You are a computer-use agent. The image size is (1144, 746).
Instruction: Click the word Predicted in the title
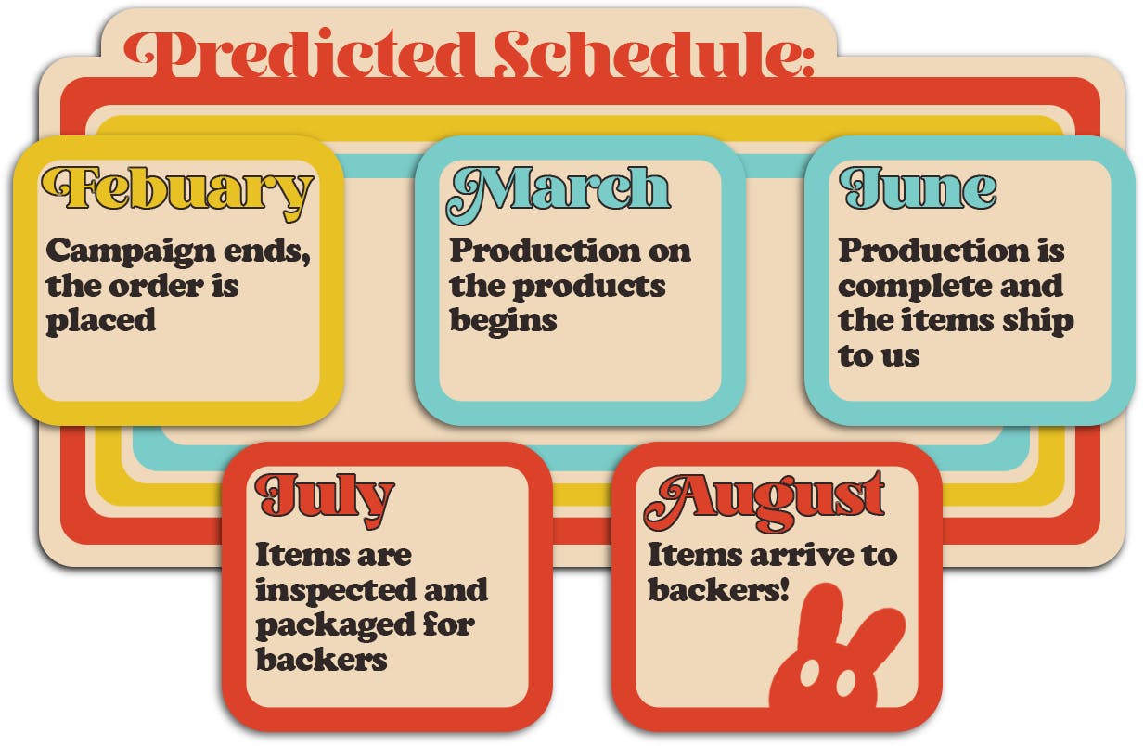coord(302,53)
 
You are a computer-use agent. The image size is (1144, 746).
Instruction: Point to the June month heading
coord(918,188)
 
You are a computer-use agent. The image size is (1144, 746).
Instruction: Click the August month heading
coord(764,501)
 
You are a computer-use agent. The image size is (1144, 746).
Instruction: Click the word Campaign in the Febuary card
coord(130,252)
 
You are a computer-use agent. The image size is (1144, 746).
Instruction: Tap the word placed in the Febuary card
coord(100,322)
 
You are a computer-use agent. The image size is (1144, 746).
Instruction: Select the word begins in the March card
coord(503,322)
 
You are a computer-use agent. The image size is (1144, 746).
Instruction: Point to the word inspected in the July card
coord(336,591)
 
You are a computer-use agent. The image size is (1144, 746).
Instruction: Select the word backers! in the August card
coord(718,590)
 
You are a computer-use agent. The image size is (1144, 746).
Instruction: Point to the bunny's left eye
coord(808,674)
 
